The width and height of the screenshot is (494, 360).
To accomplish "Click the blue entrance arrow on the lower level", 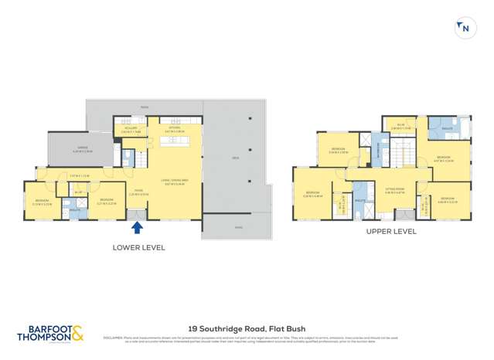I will click(137, 227).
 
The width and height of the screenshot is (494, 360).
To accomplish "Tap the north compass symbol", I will click(464, 29).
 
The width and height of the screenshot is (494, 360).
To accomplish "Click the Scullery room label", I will click(129, 129).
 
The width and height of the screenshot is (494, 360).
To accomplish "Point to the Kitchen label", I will click(174, 129).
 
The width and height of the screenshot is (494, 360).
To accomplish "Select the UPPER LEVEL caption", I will click(390, 231).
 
